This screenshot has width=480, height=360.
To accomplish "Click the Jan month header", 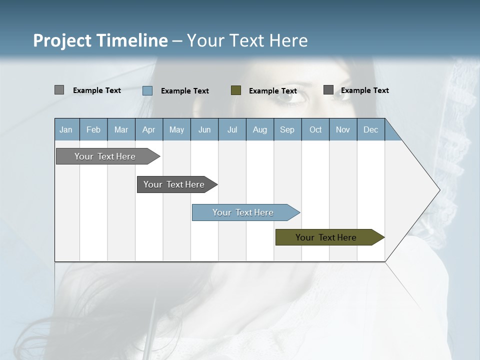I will [66, 129].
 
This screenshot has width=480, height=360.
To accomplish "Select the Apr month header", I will [148, 129].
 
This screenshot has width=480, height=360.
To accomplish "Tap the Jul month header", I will [232, 129].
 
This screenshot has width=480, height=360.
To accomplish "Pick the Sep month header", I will [287, 129].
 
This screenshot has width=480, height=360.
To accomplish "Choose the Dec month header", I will [370, 129].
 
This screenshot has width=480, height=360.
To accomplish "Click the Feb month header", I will [93, 129].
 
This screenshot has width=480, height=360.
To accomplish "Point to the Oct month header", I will [315, 129].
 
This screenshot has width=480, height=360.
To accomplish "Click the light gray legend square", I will [59, 90].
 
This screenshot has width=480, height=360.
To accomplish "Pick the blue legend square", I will [147, 90].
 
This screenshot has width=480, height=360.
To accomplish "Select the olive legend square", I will [236, 90].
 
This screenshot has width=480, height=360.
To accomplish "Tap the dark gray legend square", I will [328, 89].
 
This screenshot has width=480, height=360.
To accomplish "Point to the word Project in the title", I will [62, 40].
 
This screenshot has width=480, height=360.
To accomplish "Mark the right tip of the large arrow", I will [439, 189].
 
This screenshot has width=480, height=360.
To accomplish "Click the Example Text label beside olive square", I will [273, 90].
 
